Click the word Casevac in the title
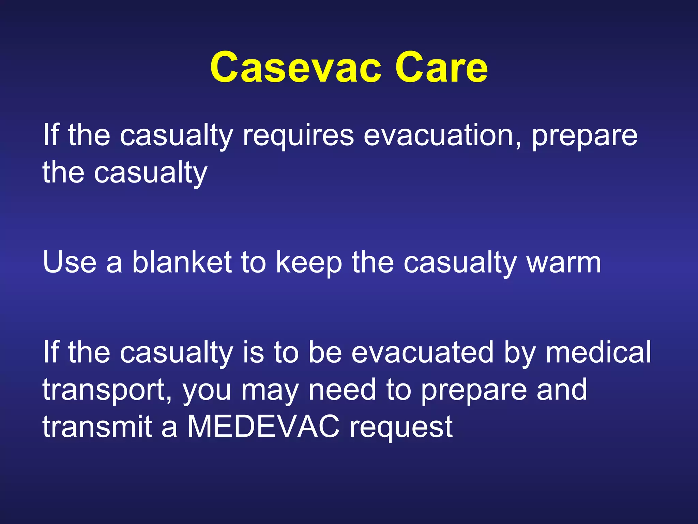[295, 67]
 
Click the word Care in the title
[441, 67]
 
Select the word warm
[564, 263]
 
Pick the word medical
[598, 352]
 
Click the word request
[401, 428]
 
